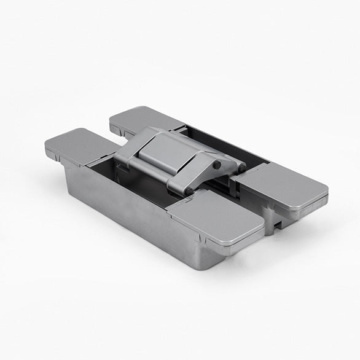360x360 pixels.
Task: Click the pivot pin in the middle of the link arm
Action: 217,166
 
